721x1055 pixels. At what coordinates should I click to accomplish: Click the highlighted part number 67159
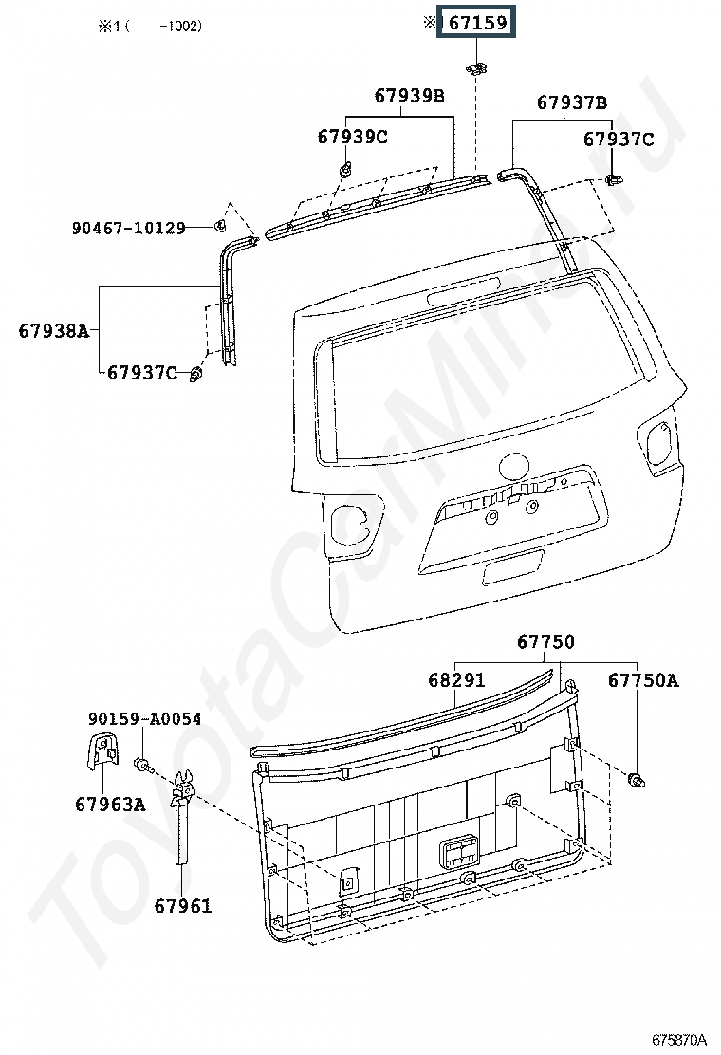(476, 23)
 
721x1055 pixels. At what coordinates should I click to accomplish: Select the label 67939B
(409, 96)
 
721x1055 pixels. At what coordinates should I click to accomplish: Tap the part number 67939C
(352, 137)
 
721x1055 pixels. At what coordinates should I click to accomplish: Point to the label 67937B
(572, 103)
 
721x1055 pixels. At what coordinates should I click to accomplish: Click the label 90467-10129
(128, 228)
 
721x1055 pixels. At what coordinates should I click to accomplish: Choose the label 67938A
(53, 331)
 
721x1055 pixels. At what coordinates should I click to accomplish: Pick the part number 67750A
(643, 680)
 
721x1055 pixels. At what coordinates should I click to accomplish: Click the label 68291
(456, 680)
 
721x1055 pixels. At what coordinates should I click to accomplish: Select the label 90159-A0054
(144, 719)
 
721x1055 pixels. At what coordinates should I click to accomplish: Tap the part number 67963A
(110, 805)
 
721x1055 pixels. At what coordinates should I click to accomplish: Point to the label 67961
(183, 906)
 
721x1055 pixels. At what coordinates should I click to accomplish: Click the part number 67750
(545, 642)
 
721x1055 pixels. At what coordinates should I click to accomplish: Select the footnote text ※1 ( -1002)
(147, 27)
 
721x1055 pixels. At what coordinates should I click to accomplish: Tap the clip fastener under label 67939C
(345, 171)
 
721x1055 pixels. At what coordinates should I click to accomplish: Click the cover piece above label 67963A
(103, 750)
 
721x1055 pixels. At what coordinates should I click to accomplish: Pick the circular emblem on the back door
(513, 467)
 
